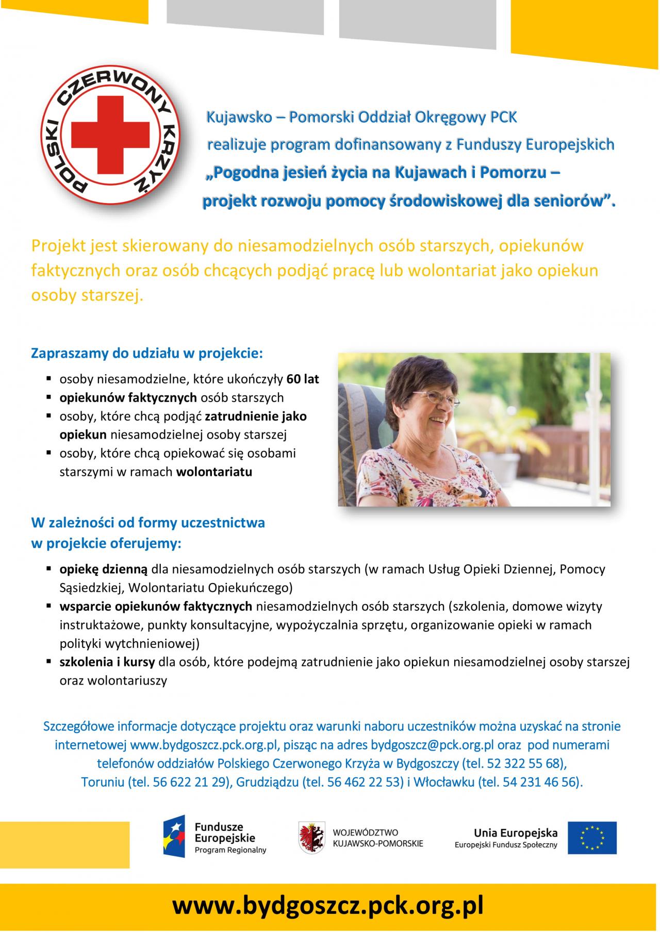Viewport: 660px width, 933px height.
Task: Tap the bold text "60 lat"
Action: point(303,379)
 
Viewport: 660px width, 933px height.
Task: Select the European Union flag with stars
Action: point(592,838)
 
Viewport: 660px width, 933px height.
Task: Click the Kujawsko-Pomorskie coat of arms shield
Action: point(312,838)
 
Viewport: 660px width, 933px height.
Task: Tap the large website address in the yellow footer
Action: point(328,905)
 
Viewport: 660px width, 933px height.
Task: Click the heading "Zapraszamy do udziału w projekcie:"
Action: point(147,354)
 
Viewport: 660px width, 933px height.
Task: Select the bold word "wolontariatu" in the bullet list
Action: point(214,472)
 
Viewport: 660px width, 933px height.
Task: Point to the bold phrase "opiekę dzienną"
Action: point(104,569)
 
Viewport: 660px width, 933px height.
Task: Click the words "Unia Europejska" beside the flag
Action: point(516,832)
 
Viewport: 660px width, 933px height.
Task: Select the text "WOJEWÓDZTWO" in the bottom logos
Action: point(366,832)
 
